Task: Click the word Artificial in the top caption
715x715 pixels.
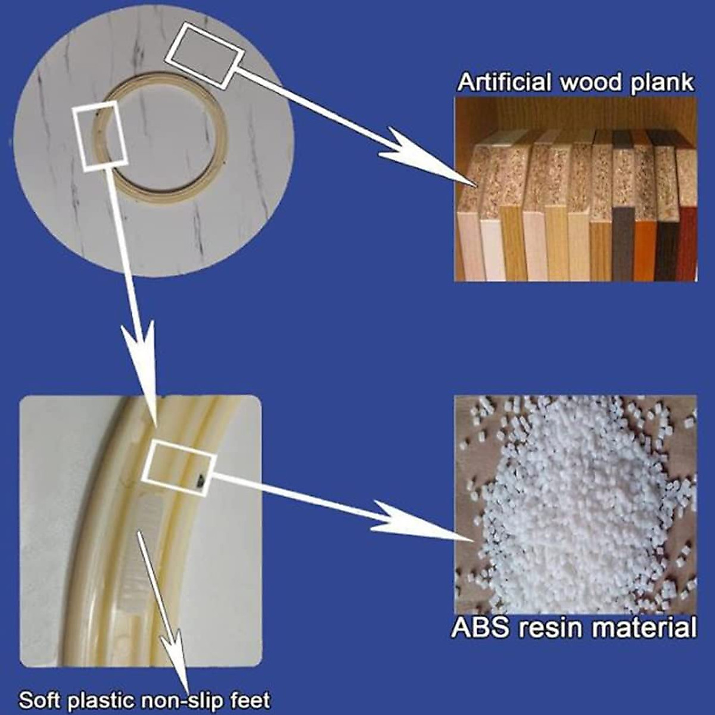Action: pyautogui.click(x=503, y=82)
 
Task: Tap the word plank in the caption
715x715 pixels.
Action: pyautogui.click(x=662, y=82)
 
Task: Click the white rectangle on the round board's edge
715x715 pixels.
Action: pyautogui.click(x=205, y=55)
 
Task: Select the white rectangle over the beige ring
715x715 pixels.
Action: pyautogui.click(x=100, y=136)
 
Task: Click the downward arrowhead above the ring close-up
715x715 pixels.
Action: pyautogui.click(x=141, y=357)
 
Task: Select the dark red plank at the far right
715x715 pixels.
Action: pyautogui.click(x=688, y=244)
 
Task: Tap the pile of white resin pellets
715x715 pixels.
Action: pyautogui.click(x=572, y=506)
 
